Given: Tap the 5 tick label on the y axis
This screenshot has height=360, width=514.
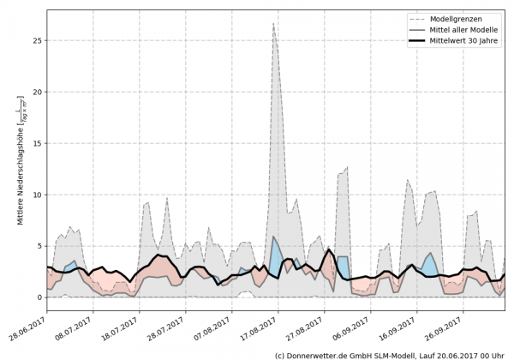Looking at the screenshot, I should point(39,246).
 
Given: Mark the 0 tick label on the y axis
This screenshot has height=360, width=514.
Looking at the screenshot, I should point(39,297).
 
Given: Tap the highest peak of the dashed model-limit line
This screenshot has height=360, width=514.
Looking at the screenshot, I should point(273,24).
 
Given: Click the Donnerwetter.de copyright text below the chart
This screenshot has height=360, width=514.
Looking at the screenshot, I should point(393,354).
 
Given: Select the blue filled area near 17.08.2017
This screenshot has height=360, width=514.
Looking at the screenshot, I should point(276,257).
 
